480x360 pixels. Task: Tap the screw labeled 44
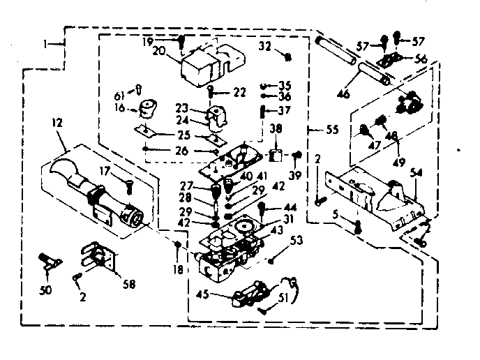262,208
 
